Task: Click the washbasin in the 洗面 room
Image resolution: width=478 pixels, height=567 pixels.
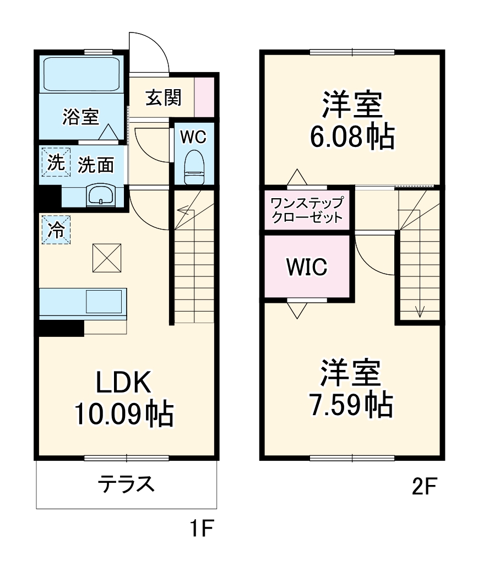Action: click(x=101, y=195)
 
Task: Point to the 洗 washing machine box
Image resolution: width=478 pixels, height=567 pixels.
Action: click(x=56, y=162)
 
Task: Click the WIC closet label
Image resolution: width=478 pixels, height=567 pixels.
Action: click(x=307, y=268)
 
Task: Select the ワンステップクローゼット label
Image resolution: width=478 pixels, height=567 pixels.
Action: click(x=307, y=209)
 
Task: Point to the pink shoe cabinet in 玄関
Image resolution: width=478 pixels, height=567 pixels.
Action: click(x=204, y=97)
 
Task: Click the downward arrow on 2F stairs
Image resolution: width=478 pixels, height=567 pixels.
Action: click(x=420, y=313)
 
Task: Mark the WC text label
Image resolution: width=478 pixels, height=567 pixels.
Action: click(x=193, y=137)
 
